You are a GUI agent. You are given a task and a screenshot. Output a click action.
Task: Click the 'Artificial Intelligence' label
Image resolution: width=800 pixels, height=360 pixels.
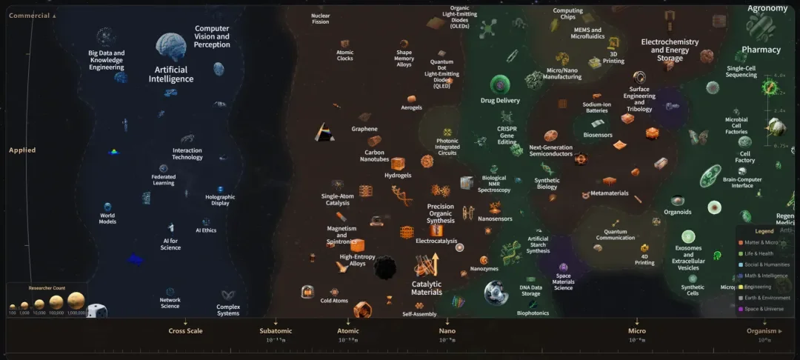click(171, 74)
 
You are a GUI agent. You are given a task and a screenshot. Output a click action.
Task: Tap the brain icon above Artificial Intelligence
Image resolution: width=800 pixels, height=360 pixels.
click(170, 47)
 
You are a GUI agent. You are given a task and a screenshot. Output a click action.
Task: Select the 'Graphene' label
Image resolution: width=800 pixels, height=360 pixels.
click(364, 129)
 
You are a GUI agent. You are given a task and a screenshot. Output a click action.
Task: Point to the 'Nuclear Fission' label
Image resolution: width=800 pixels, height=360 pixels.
click(320, 18)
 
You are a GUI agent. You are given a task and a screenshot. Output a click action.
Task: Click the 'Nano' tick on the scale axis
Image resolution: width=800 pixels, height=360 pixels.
click(447, 331)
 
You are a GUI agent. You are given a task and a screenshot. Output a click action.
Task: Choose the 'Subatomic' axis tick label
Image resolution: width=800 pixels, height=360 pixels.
click(276, 331)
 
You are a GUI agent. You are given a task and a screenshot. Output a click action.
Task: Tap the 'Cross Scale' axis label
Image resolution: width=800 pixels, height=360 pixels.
click(185, 331)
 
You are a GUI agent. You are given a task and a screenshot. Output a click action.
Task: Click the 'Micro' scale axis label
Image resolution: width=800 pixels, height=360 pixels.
click(636, 331)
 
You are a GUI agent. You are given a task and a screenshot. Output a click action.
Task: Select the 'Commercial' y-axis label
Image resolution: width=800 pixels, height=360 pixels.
click(30, 16)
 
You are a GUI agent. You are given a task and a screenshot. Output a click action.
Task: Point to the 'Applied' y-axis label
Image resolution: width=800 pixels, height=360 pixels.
click(22, 150)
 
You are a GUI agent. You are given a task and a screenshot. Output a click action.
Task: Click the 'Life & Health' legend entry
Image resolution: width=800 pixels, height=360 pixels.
click(762, 253)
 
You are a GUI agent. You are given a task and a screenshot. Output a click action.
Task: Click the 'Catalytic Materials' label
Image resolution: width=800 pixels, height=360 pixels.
click(427, 288)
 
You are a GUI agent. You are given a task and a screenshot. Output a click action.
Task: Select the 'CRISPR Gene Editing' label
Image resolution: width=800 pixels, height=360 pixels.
click(507, 135)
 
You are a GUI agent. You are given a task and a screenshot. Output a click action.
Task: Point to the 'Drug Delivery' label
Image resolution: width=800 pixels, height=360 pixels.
click(500, 101)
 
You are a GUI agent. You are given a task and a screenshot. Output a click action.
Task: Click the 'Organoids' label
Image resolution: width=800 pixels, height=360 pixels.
click(677, 212)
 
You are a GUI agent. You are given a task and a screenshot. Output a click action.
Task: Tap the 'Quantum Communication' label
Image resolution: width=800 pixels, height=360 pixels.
click(616, 234)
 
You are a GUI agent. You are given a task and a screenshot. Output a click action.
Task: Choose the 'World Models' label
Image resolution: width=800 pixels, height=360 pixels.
click(107, 219)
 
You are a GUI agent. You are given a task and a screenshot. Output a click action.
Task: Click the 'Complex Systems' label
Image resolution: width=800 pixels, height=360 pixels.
click(228, 310)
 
